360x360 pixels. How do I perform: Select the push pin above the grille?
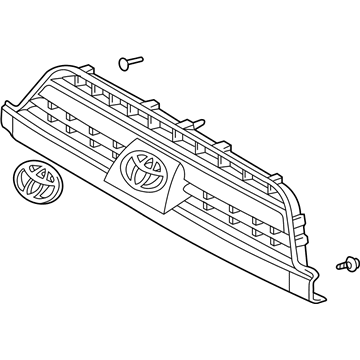pyautogui.click(x=126, y=63)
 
